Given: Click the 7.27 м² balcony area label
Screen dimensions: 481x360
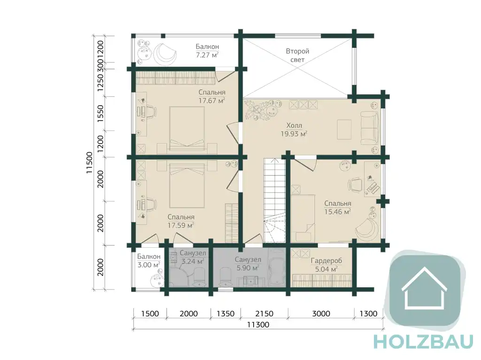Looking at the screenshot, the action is pos(207,51).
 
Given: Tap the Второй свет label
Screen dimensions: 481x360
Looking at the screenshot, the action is pos(297,55).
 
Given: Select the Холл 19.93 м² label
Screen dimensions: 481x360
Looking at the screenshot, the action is pos(294,130).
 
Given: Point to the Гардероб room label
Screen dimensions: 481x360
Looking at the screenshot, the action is pos(326,265).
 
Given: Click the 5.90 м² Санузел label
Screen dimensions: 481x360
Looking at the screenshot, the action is pos(248,264).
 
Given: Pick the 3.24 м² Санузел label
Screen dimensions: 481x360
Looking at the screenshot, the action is pos(193,257).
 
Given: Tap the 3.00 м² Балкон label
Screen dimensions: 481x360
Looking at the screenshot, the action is pos(149,260).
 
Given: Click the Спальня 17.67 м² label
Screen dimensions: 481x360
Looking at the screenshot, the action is pos(212,96).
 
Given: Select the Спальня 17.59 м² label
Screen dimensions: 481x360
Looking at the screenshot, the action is pos(181,221).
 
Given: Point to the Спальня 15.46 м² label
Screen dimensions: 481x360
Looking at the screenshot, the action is pos(338,207).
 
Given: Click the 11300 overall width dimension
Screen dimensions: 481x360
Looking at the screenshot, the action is pos(258,324).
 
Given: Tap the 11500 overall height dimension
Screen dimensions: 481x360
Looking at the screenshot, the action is pos(89,162).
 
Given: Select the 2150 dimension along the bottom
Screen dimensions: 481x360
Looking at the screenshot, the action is pos(264,314).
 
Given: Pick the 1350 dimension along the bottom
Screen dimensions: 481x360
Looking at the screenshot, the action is pos(225,314).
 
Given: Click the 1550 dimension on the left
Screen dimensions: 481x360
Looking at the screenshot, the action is pos(101,114).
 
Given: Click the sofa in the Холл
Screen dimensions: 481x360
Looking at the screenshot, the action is pos(369,129).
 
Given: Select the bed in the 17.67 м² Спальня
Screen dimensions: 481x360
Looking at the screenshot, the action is pos(187,128).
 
